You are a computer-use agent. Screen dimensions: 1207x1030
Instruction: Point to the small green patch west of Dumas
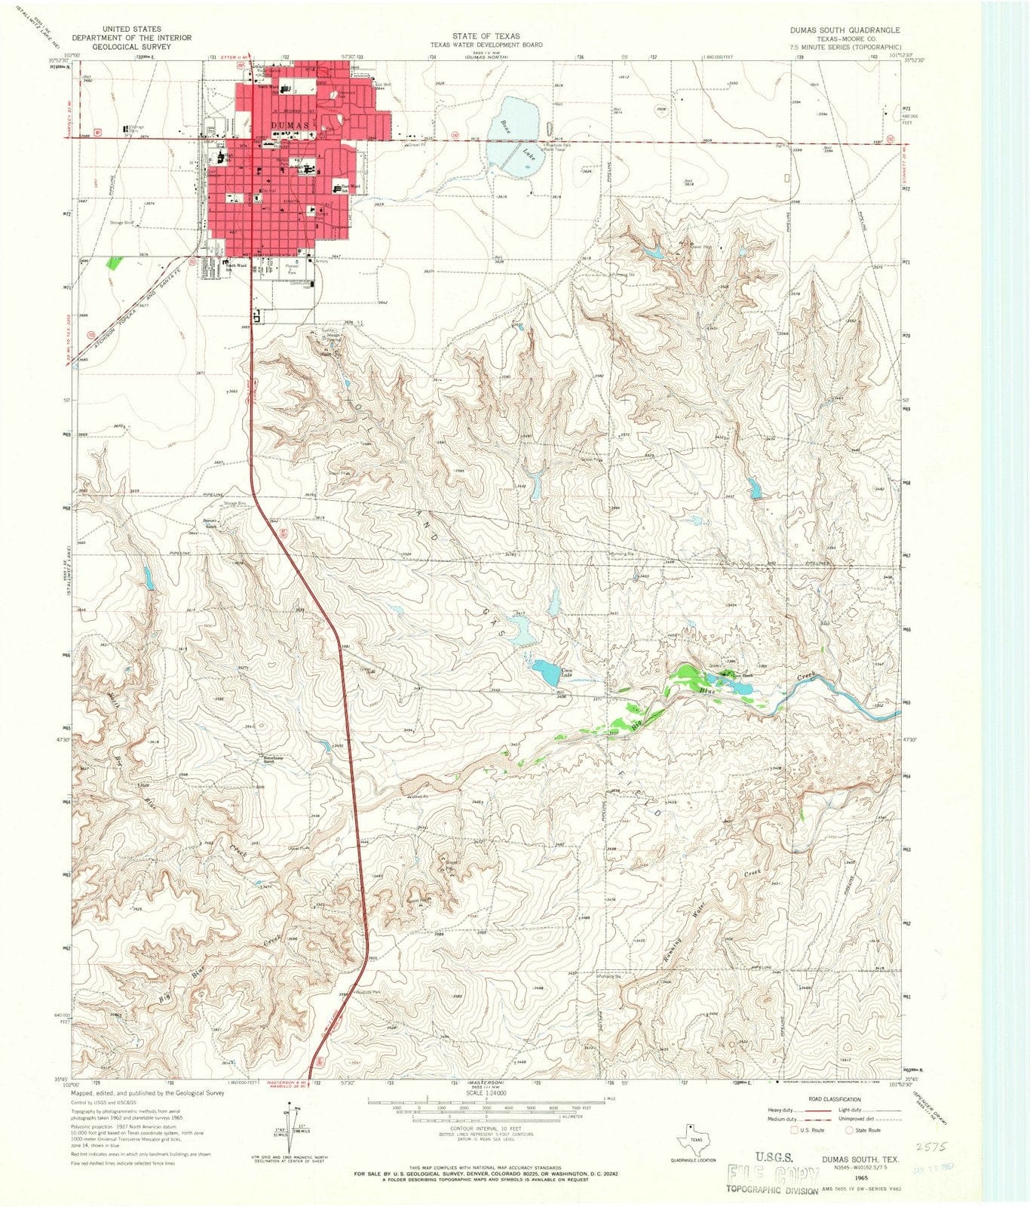(x=114, y=263)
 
